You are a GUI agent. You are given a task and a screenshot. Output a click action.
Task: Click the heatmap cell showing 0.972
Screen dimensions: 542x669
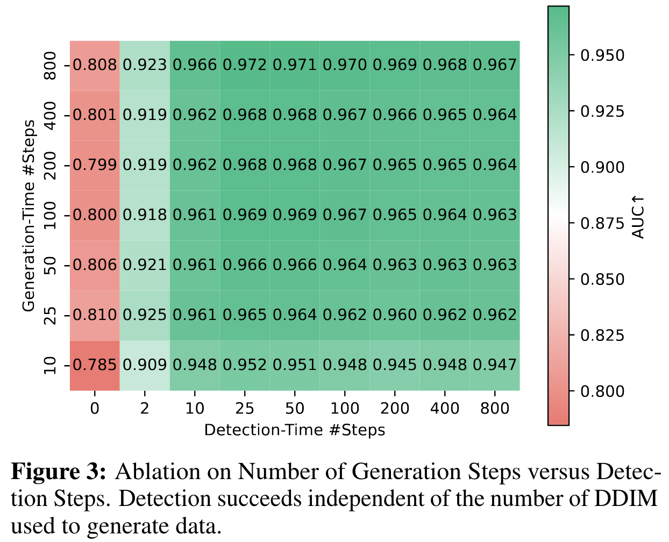point(245,65)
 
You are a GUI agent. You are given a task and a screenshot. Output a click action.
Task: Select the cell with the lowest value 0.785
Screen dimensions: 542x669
point(95,365)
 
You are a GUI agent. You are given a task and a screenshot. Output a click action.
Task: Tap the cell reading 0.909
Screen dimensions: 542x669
point(145,365)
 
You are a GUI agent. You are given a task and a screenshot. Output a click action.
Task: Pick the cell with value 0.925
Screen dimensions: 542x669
point(145,315)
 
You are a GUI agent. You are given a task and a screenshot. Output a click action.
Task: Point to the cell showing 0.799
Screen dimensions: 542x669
point(95,165)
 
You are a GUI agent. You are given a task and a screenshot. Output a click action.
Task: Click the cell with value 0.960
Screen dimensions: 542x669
point(395,315)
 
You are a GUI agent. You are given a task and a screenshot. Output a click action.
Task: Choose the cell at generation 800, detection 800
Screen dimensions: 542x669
point(495,65)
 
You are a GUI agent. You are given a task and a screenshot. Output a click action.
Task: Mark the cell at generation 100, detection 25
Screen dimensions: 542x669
point(245,215)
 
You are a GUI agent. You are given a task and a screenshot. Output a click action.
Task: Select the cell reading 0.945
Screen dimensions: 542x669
point(395,365)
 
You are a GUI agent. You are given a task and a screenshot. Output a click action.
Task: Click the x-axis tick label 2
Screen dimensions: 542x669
point(145,409)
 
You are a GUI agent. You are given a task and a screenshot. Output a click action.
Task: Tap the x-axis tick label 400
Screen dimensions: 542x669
point(445,409)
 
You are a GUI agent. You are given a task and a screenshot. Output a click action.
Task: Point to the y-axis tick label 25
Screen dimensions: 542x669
point(50,315)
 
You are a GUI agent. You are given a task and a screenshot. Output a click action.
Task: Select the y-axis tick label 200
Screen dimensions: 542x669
point(50,165)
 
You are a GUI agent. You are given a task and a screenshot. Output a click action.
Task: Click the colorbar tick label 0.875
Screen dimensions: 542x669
point(602,224)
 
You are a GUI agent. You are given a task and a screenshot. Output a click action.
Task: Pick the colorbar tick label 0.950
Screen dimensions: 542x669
point(602,55)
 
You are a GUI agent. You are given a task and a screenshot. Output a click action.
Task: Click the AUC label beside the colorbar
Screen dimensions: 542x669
point(638,217)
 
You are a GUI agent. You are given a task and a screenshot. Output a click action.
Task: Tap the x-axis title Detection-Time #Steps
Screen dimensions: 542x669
point(295,430)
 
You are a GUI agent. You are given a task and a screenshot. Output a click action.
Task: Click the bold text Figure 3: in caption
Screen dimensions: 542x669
point(59,472)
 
